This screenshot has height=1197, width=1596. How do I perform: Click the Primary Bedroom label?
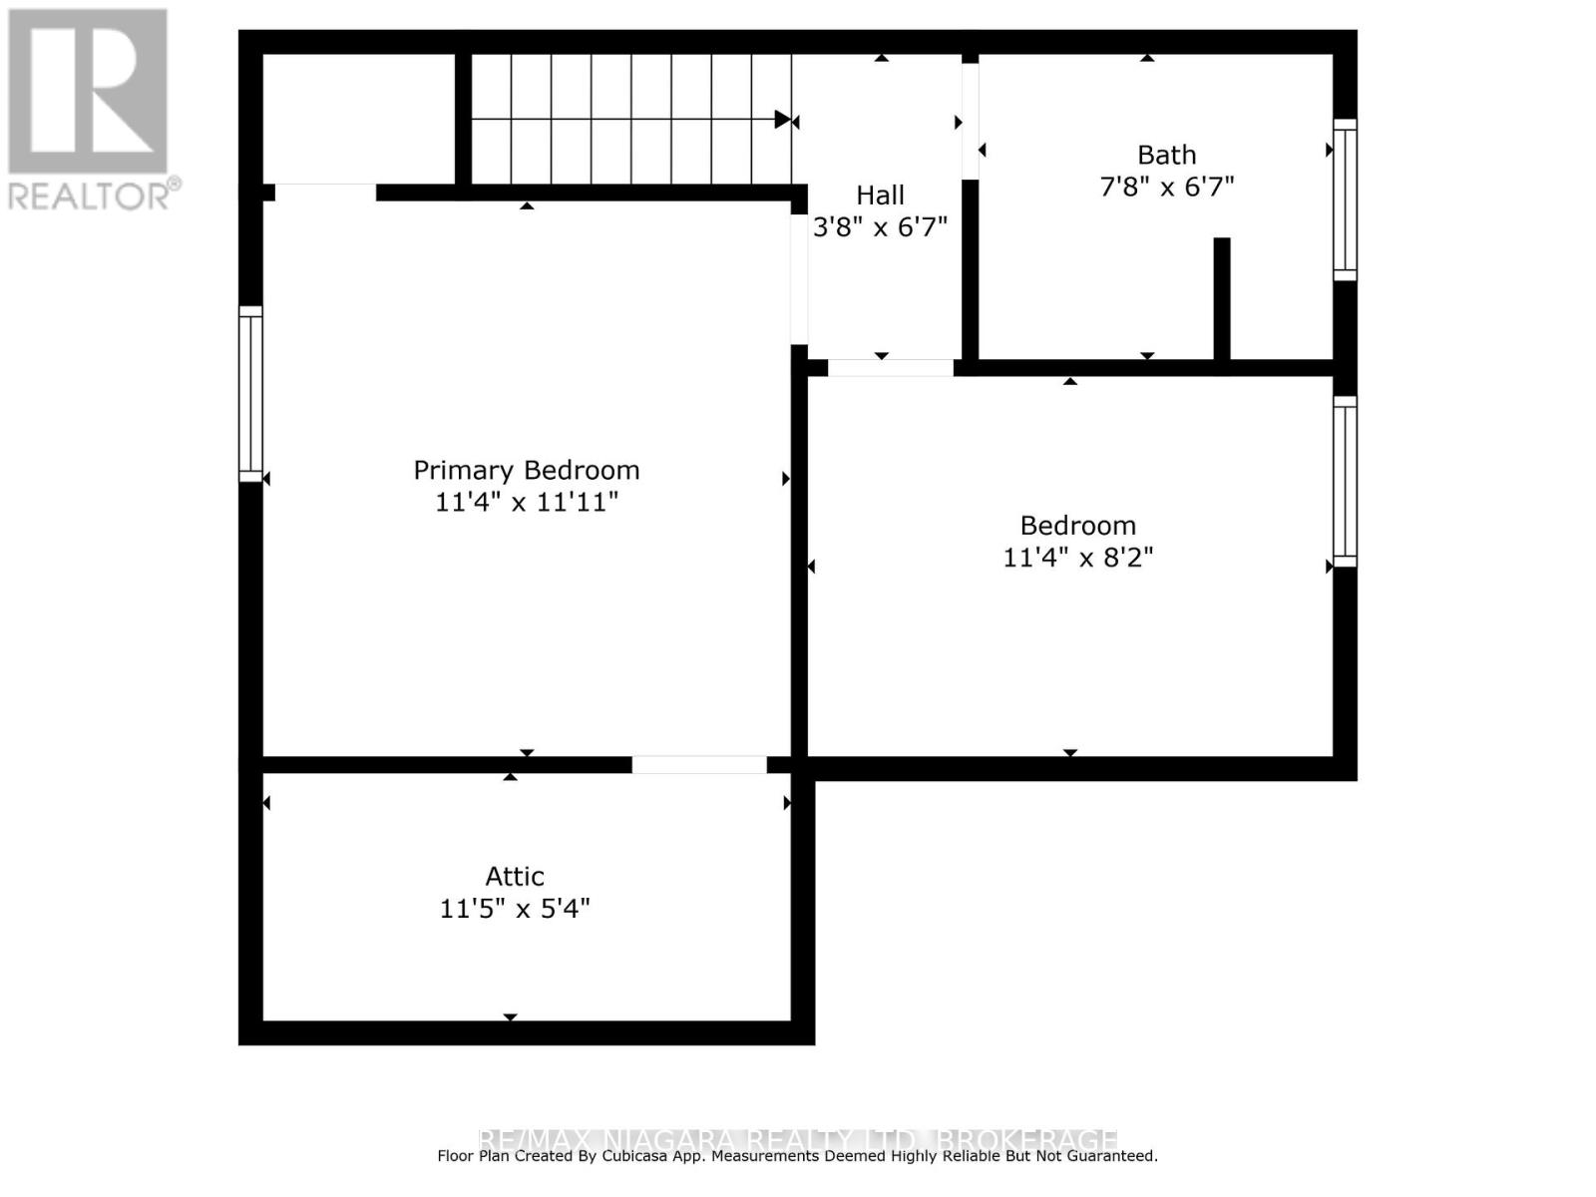[526, 470]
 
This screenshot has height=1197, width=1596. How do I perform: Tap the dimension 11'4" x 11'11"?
[526, 502]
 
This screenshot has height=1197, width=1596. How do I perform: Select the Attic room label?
[515, 877]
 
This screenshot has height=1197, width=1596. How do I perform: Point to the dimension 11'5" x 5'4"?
[515, 909]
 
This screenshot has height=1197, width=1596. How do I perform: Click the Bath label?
[1166, 156]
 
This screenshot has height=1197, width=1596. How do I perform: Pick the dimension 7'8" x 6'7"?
[1166, 187]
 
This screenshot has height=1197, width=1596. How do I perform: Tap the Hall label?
[880, 196]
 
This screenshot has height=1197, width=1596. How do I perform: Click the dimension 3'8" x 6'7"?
[880, 227]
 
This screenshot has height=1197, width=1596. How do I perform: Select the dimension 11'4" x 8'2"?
[1077, 557]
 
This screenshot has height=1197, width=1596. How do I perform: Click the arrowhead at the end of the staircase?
[783, 120]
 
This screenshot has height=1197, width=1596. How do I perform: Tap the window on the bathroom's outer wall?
[1345, 199]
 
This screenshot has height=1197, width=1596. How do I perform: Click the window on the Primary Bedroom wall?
[250, 394]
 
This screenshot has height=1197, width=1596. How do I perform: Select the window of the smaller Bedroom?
[1345, 482]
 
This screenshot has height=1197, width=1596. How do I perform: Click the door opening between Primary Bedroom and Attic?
[699, 765]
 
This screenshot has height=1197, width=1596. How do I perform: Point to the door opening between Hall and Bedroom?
[890, 368]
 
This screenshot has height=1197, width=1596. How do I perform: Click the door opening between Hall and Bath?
[970, 121]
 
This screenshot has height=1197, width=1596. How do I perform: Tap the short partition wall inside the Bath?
[1221, 298]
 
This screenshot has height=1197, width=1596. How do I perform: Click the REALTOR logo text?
[95, 195]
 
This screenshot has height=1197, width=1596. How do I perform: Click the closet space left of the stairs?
[359, 118]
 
